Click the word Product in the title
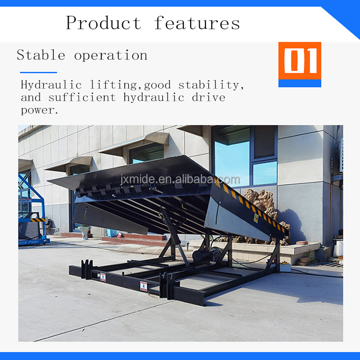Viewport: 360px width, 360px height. [x=103, y=23]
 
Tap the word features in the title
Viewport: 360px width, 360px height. [x=197, y=23]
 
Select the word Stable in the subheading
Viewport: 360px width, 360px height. [x=40, y=55]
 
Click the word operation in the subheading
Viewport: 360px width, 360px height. [x=111, y=56]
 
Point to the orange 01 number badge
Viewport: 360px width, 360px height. [x=300, y=60]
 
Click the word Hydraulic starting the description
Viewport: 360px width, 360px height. [x=51, y=85]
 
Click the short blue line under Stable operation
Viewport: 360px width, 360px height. [x=38, y=72]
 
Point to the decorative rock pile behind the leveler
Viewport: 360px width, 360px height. [x=263, y=204]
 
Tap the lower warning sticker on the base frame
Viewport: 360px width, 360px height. [x=143, y=286]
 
